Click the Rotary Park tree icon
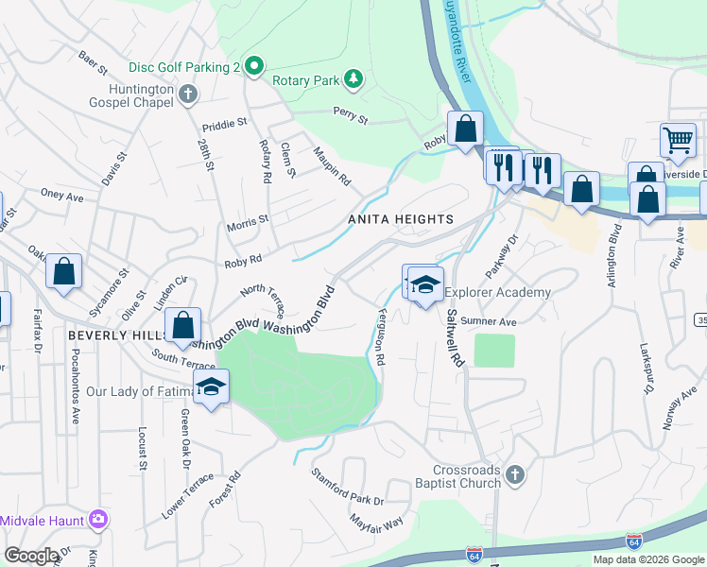click(353, 78)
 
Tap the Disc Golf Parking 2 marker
click(253, 67)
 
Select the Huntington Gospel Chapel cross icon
click(187, 94)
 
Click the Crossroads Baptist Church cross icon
click(514, 474)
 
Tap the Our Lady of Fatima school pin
click(212, 387)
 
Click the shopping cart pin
click(678, 141)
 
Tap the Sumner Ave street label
click(494, 322)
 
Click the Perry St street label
click(350, 117)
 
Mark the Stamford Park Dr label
click(347, 493)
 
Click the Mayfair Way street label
click(375, 521)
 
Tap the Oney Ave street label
click(62, 196)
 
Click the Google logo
click(32, 556)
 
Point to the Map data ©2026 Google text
click(647, 559)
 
